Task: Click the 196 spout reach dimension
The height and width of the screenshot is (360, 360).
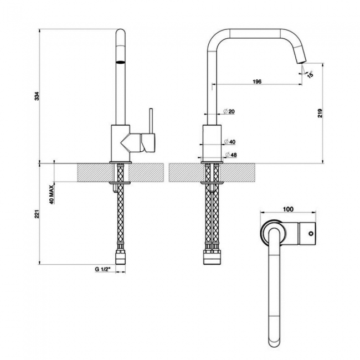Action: point(256,81)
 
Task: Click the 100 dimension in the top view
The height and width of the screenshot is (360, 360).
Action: point(287,209)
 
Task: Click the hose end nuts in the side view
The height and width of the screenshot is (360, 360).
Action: point(212,256)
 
